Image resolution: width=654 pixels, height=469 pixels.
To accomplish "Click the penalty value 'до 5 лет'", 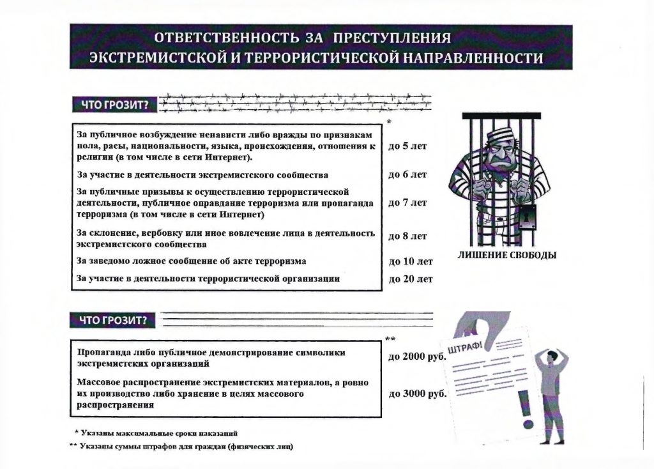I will pyautogui.click(x=407, y=146).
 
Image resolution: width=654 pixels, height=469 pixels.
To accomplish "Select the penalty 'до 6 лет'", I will pyautogui.click(x=407, y=174).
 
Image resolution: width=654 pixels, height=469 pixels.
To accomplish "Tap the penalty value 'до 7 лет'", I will pyautogui.click(x=407, y=203).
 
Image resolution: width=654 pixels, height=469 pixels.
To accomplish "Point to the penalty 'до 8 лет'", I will pyautogui.click(x=407, y=236).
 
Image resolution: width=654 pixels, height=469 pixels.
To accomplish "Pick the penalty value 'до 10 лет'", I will pyautogui.click(x=410, y=261).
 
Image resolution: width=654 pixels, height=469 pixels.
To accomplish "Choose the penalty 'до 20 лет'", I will pyautogui.click(x=410, y=279).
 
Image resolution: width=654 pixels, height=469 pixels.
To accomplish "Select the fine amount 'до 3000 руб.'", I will pyautogui.click(x=416, y=394).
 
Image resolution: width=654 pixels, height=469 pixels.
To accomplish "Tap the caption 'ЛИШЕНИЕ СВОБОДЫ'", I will pyautogui.click(x=507, y=256).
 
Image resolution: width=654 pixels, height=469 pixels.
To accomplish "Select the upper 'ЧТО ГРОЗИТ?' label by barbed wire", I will pyautogui.click(x=114, y=105).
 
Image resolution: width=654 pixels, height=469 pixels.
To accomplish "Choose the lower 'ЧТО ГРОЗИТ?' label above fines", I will pyautogui.click(x=112, y=321).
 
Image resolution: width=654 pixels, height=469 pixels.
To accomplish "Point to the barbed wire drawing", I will pyautogui.click(x=294, y=104).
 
